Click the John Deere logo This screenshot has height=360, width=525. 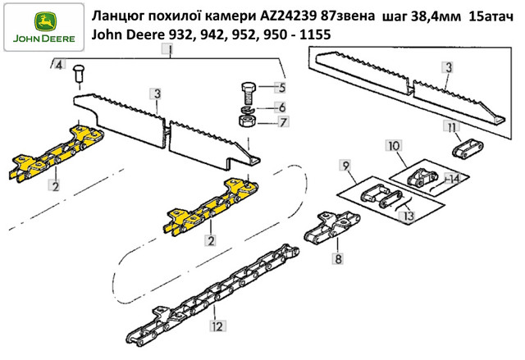coord(43,27)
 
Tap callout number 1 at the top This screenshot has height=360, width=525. coord(170,49)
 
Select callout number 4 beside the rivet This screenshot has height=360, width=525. coord(58,64)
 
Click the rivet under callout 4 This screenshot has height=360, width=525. coord(79,74)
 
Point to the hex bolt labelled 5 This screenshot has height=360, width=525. coord(248,93)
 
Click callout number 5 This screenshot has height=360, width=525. coord(282,87)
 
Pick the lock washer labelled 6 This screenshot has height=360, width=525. coord(248,109)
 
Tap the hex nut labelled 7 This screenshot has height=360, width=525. coord(248,121)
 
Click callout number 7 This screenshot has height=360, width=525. coord(283,122)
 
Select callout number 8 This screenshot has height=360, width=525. coord(338,258)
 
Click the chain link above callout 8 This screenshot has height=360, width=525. coord(331,226)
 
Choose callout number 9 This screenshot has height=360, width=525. coord(346,166)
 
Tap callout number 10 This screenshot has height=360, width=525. coord(394,146)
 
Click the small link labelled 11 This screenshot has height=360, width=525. coord(468,149)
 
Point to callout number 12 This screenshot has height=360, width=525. coord(217,326)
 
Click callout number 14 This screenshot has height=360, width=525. coord(453,179)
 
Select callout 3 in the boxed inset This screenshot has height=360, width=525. coord(449,67)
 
